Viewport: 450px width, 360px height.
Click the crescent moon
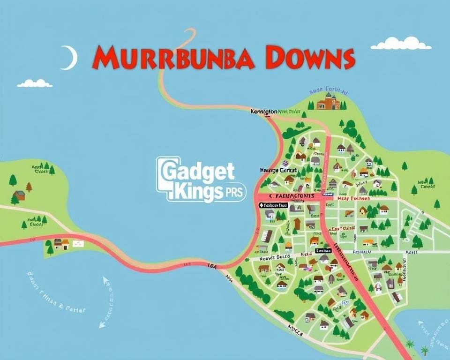click(70, 58)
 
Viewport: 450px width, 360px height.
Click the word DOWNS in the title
click(309, 58)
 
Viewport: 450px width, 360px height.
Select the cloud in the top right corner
click(401, 44)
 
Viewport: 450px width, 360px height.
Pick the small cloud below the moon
click(34, 83)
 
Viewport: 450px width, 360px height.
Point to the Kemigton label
click(263, 112)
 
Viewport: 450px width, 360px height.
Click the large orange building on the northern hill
click(328, 101)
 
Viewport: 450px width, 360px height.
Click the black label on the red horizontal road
click(273, 205)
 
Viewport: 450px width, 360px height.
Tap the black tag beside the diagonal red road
click(323, 251)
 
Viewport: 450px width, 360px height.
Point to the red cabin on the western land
click(19, 195)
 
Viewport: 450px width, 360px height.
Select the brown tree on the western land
click(29, 187)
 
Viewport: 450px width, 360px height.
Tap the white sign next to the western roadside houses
click(78, 243)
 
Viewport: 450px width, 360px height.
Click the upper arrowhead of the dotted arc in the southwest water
click(105, 280)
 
